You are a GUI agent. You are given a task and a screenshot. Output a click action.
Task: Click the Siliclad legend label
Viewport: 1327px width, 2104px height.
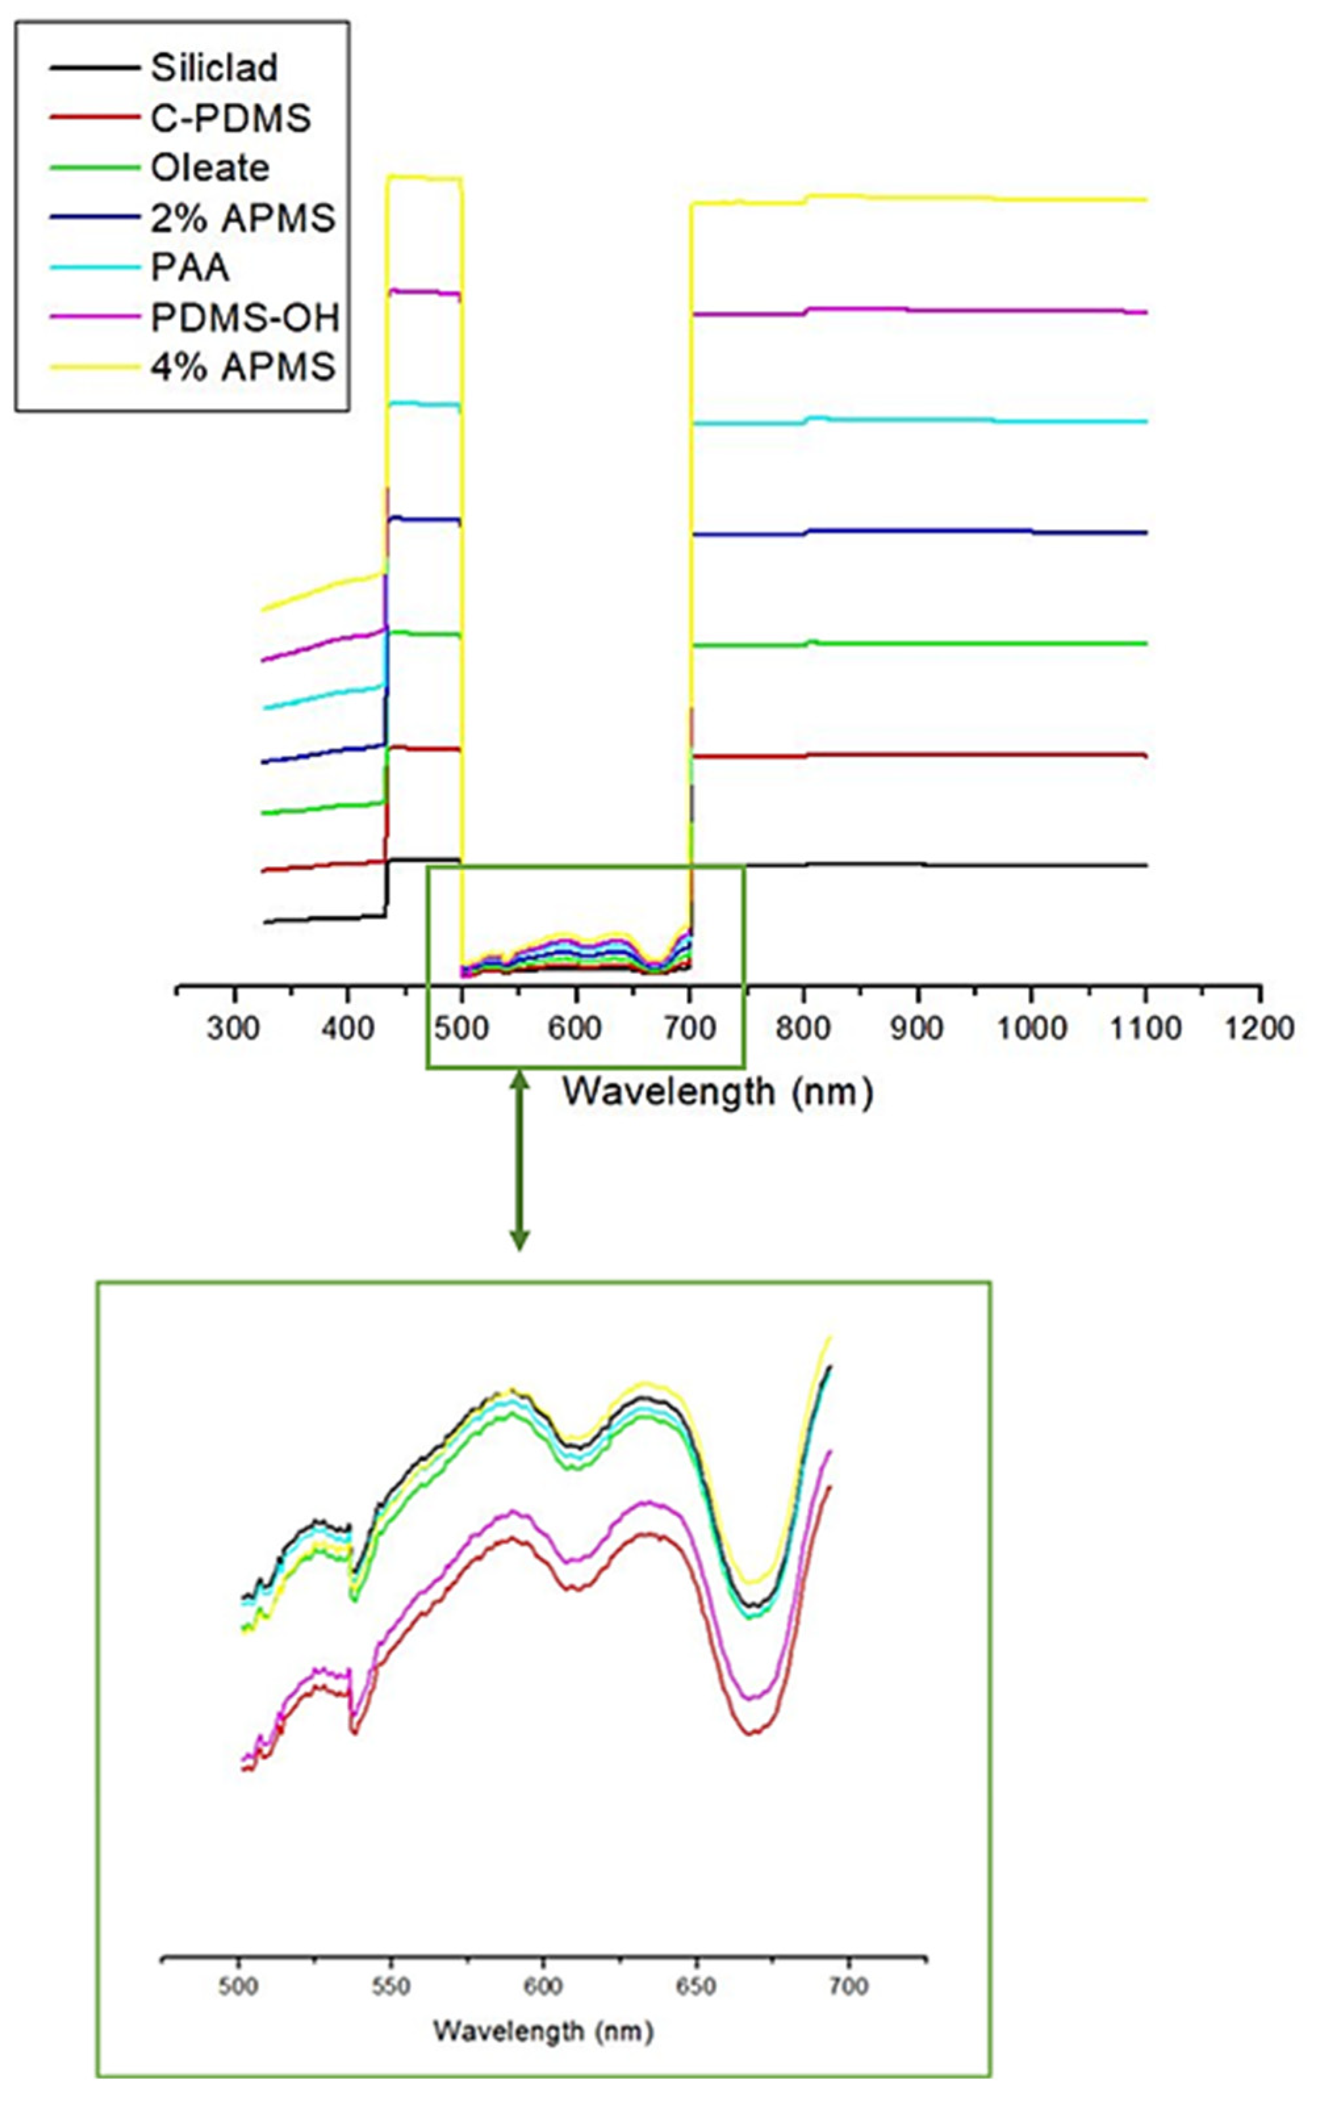point(214,67)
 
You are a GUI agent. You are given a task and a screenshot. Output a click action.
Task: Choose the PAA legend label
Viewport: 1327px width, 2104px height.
point(191,267)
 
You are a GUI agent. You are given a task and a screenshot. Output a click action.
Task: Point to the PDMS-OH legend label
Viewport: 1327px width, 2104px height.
point(244,318)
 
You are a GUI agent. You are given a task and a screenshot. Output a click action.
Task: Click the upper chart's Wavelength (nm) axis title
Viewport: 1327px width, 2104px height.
point(717,1092)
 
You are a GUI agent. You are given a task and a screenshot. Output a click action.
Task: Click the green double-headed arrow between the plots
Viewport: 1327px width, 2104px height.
point(519,1162)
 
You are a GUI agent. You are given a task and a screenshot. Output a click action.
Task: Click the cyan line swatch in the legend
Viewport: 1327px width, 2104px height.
point(95,268)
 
